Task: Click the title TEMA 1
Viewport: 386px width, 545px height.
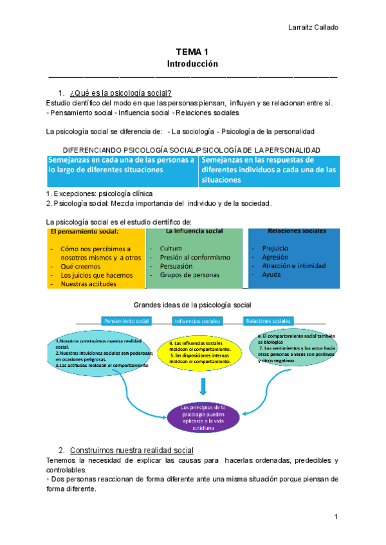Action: click(x=193, y=52)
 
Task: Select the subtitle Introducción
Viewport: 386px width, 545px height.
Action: click(x=193, y=64)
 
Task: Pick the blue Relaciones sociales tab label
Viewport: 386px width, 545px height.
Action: click(x=267, y=321)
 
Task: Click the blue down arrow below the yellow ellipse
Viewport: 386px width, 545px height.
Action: click(x=203, y=385)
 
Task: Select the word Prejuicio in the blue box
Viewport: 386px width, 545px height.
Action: click(x=275, y=248)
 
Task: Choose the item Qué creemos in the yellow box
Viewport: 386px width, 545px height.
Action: click(x=81, y=267)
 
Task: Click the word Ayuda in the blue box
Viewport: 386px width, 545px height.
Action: click(x=271, y=275)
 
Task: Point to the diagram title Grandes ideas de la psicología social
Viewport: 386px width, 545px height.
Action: click(x=192, y=304)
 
